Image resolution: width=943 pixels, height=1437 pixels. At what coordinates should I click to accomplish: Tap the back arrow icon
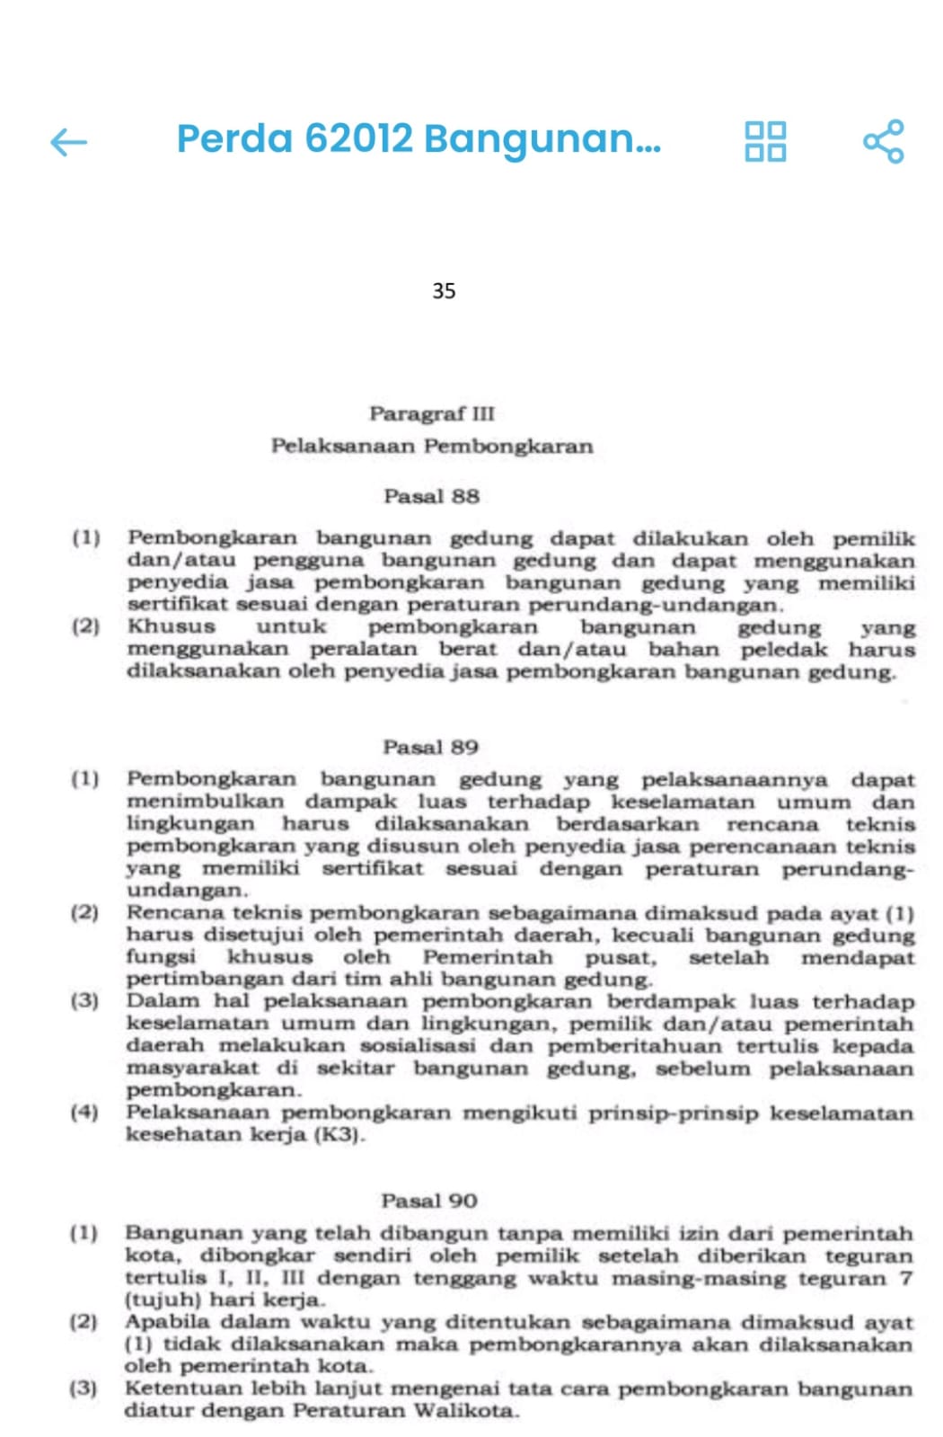pos(69,141)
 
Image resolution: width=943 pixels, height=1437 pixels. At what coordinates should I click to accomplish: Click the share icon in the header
pos(883,141)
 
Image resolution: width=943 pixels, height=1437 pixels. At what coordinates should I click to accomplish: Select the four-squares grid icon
pos(765,141)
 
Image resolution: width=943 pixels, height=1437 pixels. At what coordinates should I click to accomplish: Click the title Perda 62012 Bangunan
pos(419,138)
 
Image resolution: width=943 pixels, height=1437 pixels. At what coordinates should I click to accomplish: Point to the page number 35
pos(444,291)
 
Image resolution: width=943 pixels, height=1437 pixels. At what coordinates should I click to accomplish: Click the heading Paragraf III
pos(432,413)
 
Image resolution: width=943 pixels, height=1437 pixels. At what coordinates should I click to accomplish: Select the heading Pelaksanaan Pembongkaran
pos(432,446)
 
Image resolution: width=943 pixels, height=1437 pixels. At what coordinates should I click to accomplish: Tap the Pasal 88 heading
pos(432,496)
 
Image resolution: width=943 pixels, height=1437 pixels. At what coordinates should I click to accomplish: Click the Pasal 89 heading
pos(431,747)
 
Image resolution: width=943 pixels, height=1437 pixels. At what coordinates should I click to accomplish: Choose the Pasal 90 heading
pos(429,1201)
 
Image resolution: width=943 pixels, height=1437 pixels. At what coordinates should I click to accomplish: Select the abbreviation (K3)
pos(339,1134)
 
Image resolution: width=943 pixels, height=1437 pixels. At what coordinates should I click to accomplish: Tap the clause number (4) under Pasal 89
pos(84,1113)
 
